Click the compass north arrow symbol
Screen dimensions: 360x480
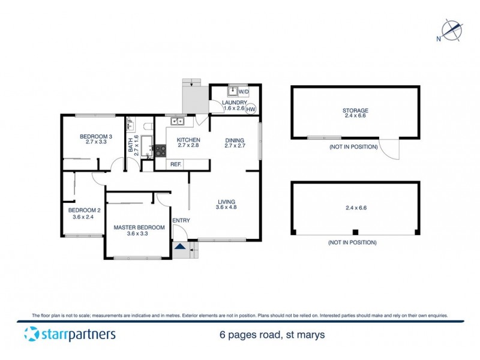click(x=451, y=30)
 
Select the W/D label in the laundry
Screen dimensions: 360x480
click(x=244, y=92)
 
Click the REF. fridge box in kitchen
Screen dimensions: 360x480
click(x=176, y=164)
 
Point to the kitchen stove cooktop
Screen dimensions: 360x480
click(x=160, y=151)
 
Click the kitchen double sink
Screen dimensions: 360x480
click(x=178, y=122)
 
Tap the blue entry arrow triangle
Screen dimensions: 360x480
click(x=180, y=245)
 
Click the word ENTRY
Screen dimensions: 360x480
click(x=181, y=221)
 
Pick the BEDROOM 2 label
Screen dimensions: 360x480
click(x=83, y=210)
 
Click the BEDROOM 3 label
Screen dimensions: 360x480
click(x=96, y=136)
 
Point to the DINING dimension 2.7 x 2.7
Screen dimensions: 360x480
click(x=236, y=146)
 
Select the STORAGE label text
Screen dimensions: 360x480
click(x=355, y=110)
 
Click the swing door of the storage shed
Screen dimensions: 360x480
click(x=391, y=151)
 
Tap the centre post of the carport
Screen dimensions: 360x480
click(x=355, y=232)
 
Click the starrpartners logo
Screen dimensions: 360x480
click(x=70, y=334)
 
